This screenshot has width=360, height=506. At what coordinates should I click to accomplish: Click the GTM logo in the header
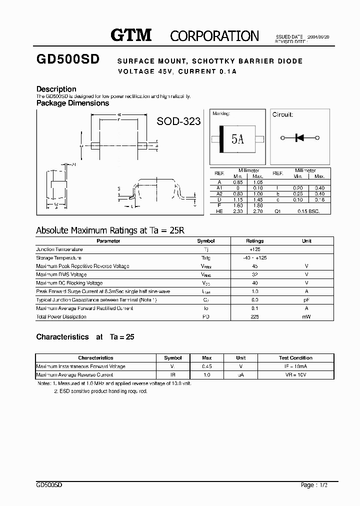(x=130, y=35)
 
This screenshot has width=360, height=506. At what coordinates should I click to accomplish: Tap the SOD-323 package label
(x=178, y=121)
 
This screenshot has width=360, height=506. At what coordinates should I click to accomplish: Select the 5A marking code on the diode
(x=237, y=139)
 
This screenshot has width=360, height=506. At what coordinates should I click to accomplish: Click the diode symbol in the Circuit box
(x=300, y=137)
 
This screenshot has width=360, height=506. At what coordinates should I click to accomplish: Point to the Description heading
(x=56, y=89)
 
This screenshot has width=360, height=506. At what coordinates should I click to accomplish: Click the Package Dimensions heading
(x=72, y=103)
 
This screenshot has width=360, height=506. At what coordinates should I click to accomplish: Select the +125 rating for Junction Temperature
(x=254, y=249)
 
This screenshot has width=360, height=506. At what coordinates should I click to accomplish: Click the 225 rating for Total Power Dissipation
(x=254, y=316)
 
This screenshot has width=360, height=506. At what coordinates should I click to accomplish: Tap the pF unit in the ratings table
(x=306, y=299)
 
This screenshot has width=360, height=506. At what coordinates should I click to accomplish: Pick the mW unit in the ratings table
(x=306, y=316)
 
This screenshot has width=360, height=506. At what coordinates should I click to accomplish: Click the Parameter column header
(x=108, y=241)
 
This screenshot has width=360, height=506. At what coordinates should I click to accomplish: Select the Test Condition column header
(x=295, y=358)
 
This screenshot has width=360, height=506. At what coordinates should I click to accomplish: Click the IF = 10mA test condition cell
(x=295, y=366)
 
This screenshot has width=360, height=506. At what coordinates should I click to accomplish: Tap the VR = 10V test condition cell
(x=295, y=375)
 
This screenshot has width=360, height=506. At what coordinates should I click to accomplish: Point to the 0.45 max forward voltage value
(x=206, y=366)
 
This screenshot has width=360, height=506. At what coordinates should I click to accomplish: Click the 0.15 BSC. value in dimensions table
(x=306, y=211)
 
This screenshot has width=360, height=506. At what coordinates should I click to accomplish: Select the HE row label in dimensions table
(x=219, y=211)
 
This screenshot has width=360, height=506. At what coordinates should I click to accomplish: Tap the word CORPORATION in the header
(x=214, y=36)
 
